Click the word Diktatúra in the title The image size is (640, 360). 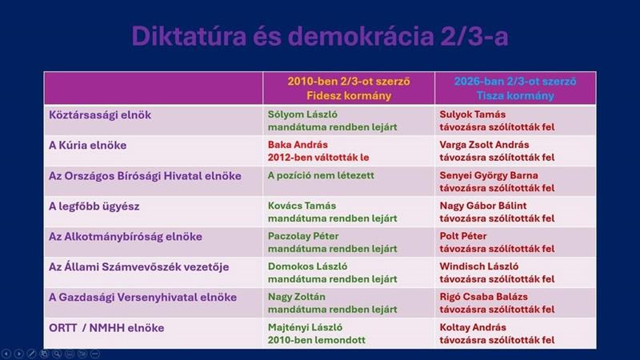pyautogui.click(x=189, y=36)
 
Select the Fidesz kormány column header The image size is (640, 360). pyautogui.click(x=349, y=88)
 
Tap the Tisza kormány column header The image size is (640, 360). pyautogui.click(x=515, y=88)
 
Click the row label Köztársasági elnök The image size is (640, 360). pyautogui.click(x=100, y=115)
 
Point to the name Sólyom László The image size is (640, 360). pyautogui.click(x=302, y=114)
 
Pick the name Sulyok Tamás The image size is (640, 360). pyautogui.click(x=472, y=114)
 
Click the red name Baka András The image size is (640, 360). pyautogui.click(x=298, y=145)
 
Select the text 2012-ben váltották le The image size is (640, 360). pyautogui.click(x=318, y=157)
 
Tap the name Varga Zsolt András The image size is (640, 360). pyautogui.click(x=484, y=145)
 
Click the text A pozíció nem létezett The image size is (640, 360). pyautogui.click(x=321, y=175)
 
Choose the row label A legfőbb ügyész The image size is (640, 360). pyautogui.click(x=94, y=206)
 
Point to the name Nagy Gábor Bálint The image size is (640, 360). pyautogui.click(x=483, y=206)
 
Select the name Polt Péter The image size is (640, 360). pyautogui.click(x=463, y=236)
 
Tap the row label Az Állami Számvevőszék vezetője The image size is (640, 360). pyautogui.click(x=138, y=267)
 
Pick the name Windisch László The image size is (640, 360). pyautogui.click(x=478, y=266)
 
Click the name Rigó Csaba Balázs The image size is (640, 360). pyautogui.click(x=483, y=297)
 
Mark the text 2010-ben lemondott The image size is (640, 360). pyautogui.click(x=316, y=340)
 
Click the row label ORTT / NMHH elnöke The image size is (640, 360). pyautogui.click(x=106, y=328)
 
